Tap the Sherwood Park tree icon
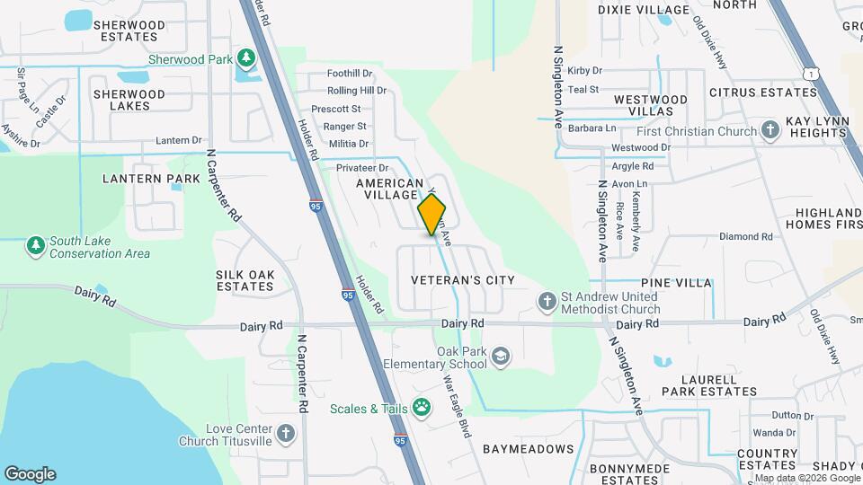(x=245, y=59)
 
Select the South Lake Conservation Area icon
(x=35, y=245)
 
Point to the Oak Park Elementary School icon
(x=500, y=357)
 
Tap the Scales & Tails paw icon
(x=421, y=409)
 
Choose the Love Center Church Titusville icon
(x=286, y=435)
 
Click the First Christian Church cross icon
(x=770, y=131)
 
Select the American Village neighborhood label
(x=389, y=189)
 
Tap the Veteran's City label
(x=462, y=280)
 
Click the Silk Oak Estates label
(x=245, y=280)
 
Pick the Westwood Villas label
(x=651, y=105)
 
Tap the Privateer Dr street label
(x=361, y=168)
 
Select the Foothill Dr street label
(x=350, y=73)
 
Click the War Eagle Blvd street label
(x=458, y=405)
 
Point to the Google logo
(x=30, y=473)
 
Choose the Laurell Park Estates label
(x=710, y=385)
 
